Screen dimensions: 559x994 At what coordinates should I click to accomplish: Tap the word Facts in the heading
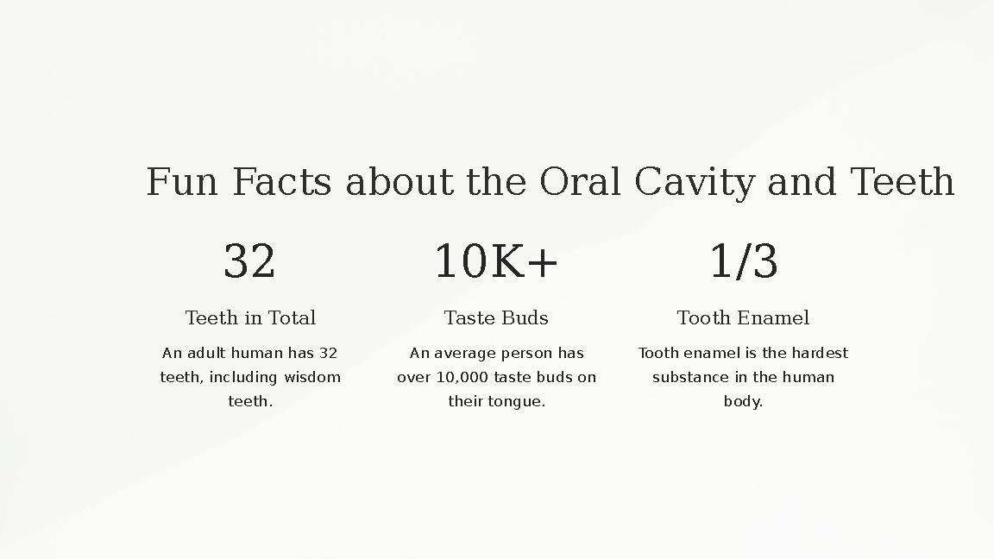281,182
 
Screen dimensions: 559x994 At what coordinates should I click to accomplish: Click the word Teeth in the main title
902,182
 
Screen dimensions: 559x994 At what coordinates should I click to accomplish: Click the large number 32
249,261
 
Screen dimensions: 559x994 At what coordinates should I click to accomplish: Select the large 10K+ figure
496,261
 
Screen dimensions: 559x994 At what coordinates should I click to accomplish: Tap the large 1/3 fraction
743,261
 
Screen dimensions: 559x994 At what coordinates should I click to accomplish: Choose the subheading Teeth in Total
250,318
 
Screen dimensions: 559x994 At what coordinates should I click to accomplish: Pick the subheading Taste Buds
496,318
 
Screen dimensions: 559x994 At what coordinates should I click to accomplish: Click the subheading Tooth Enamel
743,318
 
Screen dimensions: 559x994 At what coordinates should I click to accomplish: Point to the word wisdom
312,377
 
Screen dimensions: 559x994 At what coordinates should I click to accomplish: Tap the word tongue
516,402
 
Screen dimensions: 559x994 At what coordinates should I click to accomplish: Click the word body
742,401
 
